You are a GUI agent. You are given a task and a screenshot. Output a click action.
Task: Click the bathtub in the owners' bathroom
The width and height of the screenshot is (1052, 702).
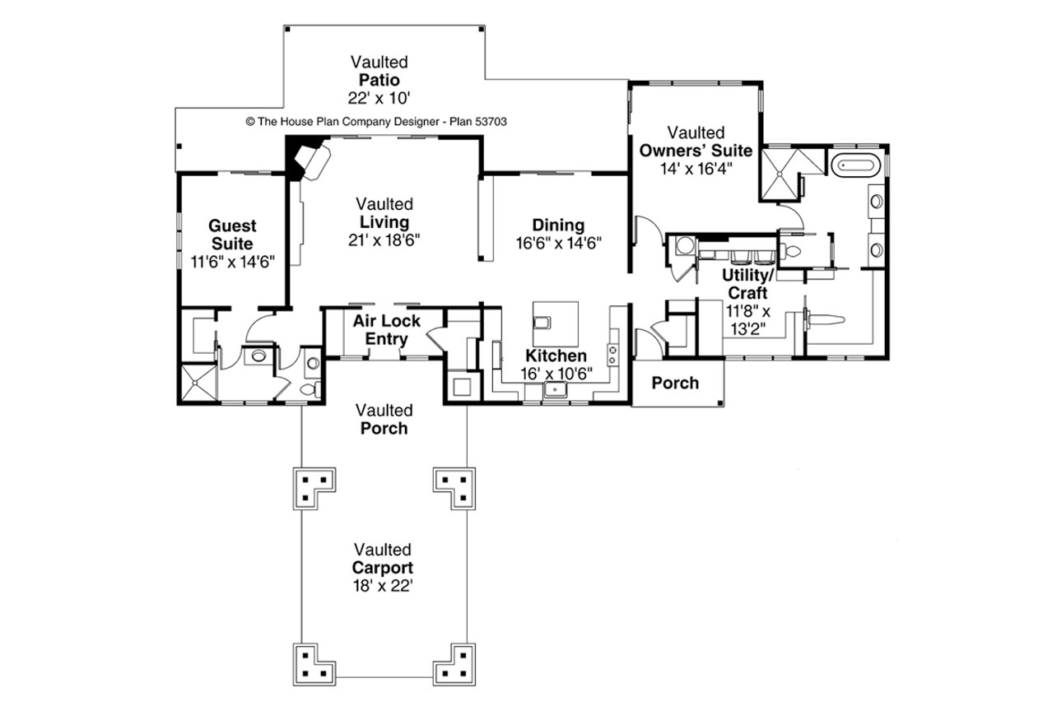coord(857,165)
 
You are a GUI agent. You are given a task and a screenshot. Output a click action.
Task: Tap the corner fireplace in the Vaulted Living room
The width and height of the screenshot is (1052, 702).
coord(308,160)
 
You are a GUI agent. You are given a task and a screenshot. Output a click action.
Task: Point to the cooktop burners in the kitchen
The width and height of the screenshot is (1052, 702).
coord(613,355)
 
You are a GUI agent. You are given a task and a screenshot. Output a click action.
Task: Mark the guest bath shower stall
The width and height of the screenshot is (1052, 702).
coord(198,384)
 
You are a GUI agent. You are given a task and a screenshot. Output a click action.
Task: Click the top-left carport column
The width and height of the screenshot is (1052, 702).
coord(315,488)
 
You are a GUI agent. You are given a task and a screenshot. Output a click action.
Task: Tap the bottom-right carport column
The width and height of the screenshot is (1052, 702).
coord(454,662)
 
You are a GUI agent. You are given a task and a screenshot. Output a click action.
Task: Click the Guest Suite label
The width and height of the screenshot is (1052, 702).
coord(232,235)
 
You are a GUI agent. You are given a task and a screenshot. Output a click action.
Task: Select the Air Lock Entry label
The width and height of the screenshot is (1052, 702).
coord(387,330)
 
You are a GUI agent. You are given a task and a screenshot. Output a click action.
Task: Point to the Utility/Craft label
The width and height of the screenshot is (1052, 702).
coord(746,284)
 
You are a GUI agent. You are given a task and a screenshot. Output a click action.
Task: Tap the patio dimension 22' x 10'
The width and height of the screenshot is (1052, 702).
coord(379,97)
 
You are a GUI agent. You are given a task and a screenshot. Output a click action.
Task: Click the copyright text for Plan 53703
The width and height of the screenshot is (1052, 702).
coord(376,121)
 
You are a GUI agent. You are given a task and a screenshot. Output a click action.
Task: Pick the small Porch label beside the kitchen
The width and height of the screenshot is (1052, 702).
coord(675,383)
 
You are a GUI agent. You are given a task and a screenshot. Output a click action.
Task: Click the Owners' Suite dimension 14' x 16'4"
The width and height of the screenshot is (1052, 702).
coord(696,168)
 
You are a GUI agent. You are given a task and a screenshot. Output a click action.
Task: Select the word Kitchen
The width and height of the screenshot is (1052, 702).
coord(556,356)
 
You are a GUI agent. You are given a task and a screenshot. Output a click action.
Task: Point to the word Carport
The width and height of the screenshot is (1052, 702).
coord(384,568)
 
